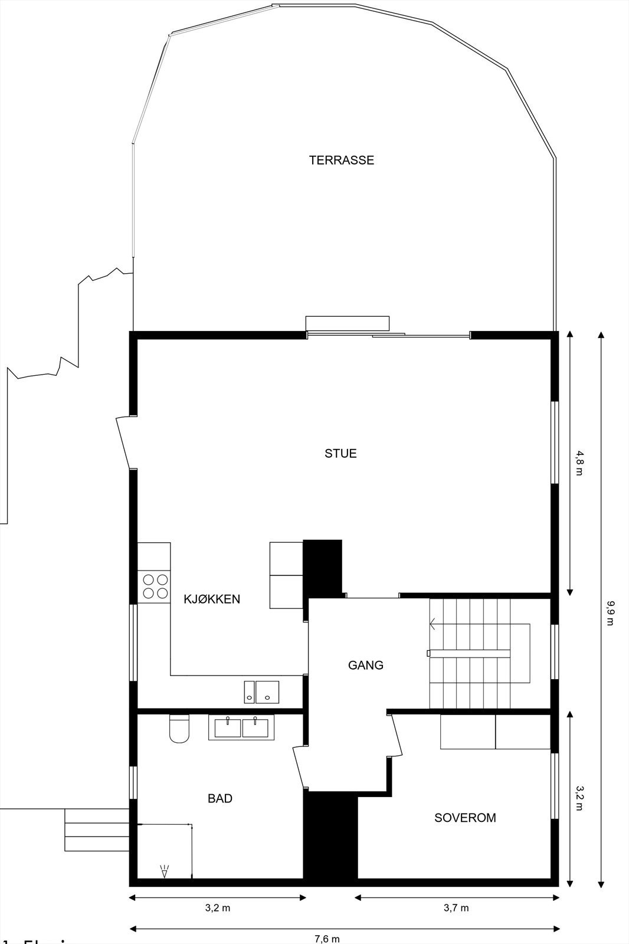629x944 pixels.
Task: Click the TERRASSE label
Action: pos(341,160)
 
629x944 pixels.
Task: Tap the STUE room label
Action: pos(340,453)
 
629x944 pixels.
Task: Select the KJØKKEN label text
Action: pos(212,599)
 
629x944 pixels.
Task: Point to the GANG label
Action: pos(365,665)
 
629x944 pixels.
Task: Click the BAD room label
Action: pos(220,798)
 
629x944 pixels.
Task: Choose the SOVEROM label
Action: pos(465,818)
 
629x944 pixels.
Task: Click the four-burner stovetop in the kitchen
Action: pos(155,586)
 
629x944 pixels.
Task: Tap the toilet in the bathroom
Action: pos(179,729)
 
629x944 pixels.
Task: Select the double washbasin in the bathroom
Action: pos(241,727)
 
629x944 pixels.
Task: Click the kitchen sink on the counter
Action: pos(261,691)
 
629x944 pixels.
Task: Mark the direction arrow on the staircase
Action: pos(434,623)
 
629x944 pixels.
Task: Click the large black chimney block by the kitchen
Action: pos(322,566)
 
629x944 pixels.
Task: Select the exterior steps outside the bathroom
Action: pos(96,830)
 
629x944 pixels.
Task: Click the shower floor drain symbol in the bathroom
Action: pos(164,871)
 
